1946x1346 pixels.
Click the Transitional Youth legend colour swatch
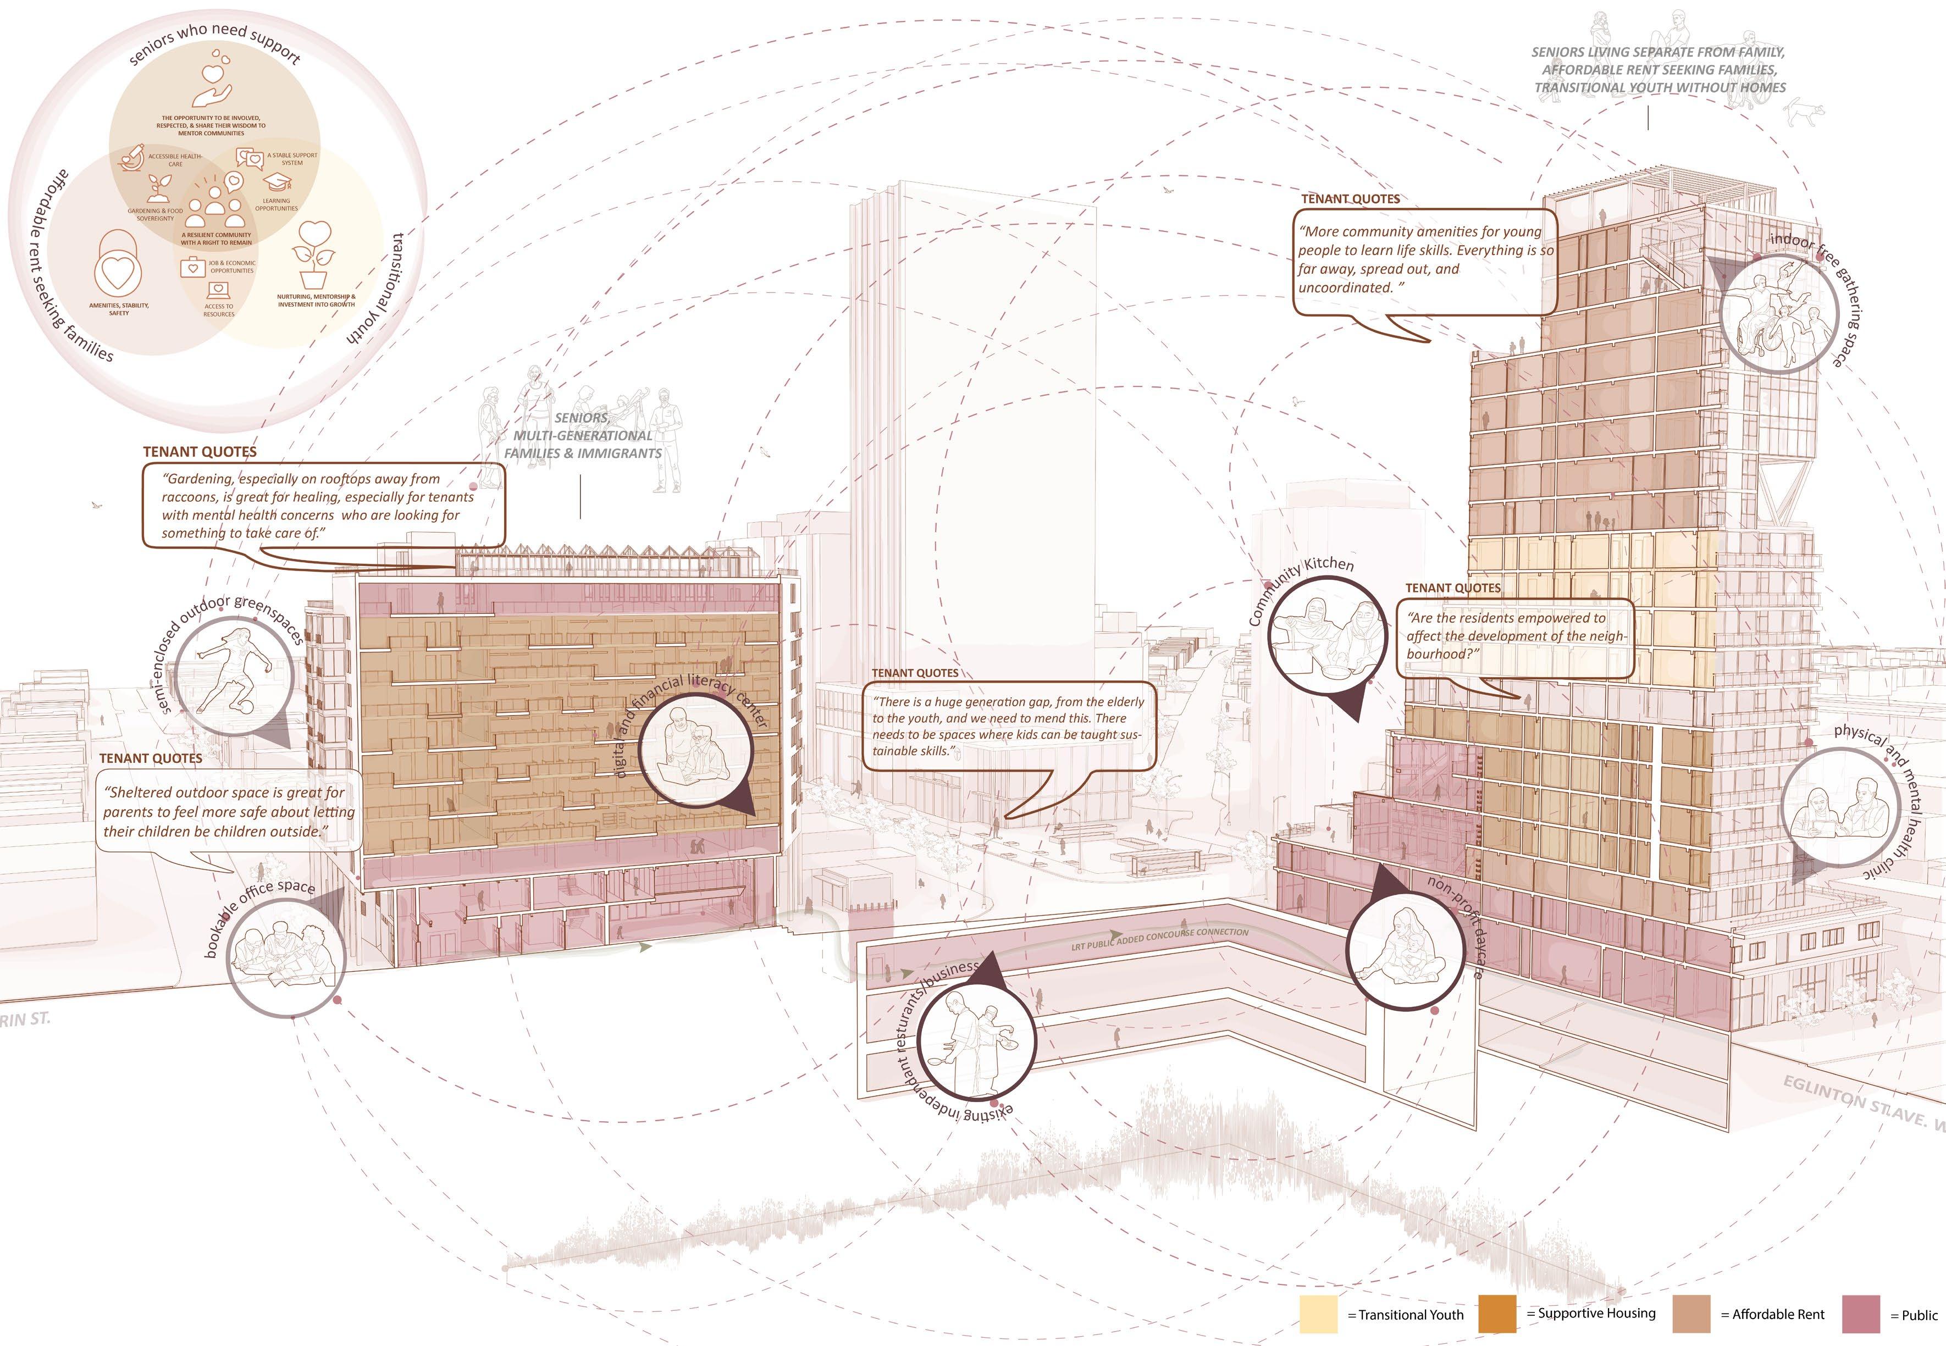pos(1318,1314)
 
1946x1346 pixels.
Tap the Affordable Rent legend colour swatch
pos(1690,1314)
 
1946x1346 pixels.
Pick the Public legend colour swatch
pos(1861,1314)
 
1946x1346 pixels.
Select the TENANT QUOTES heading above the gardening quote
pos(200,452)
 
